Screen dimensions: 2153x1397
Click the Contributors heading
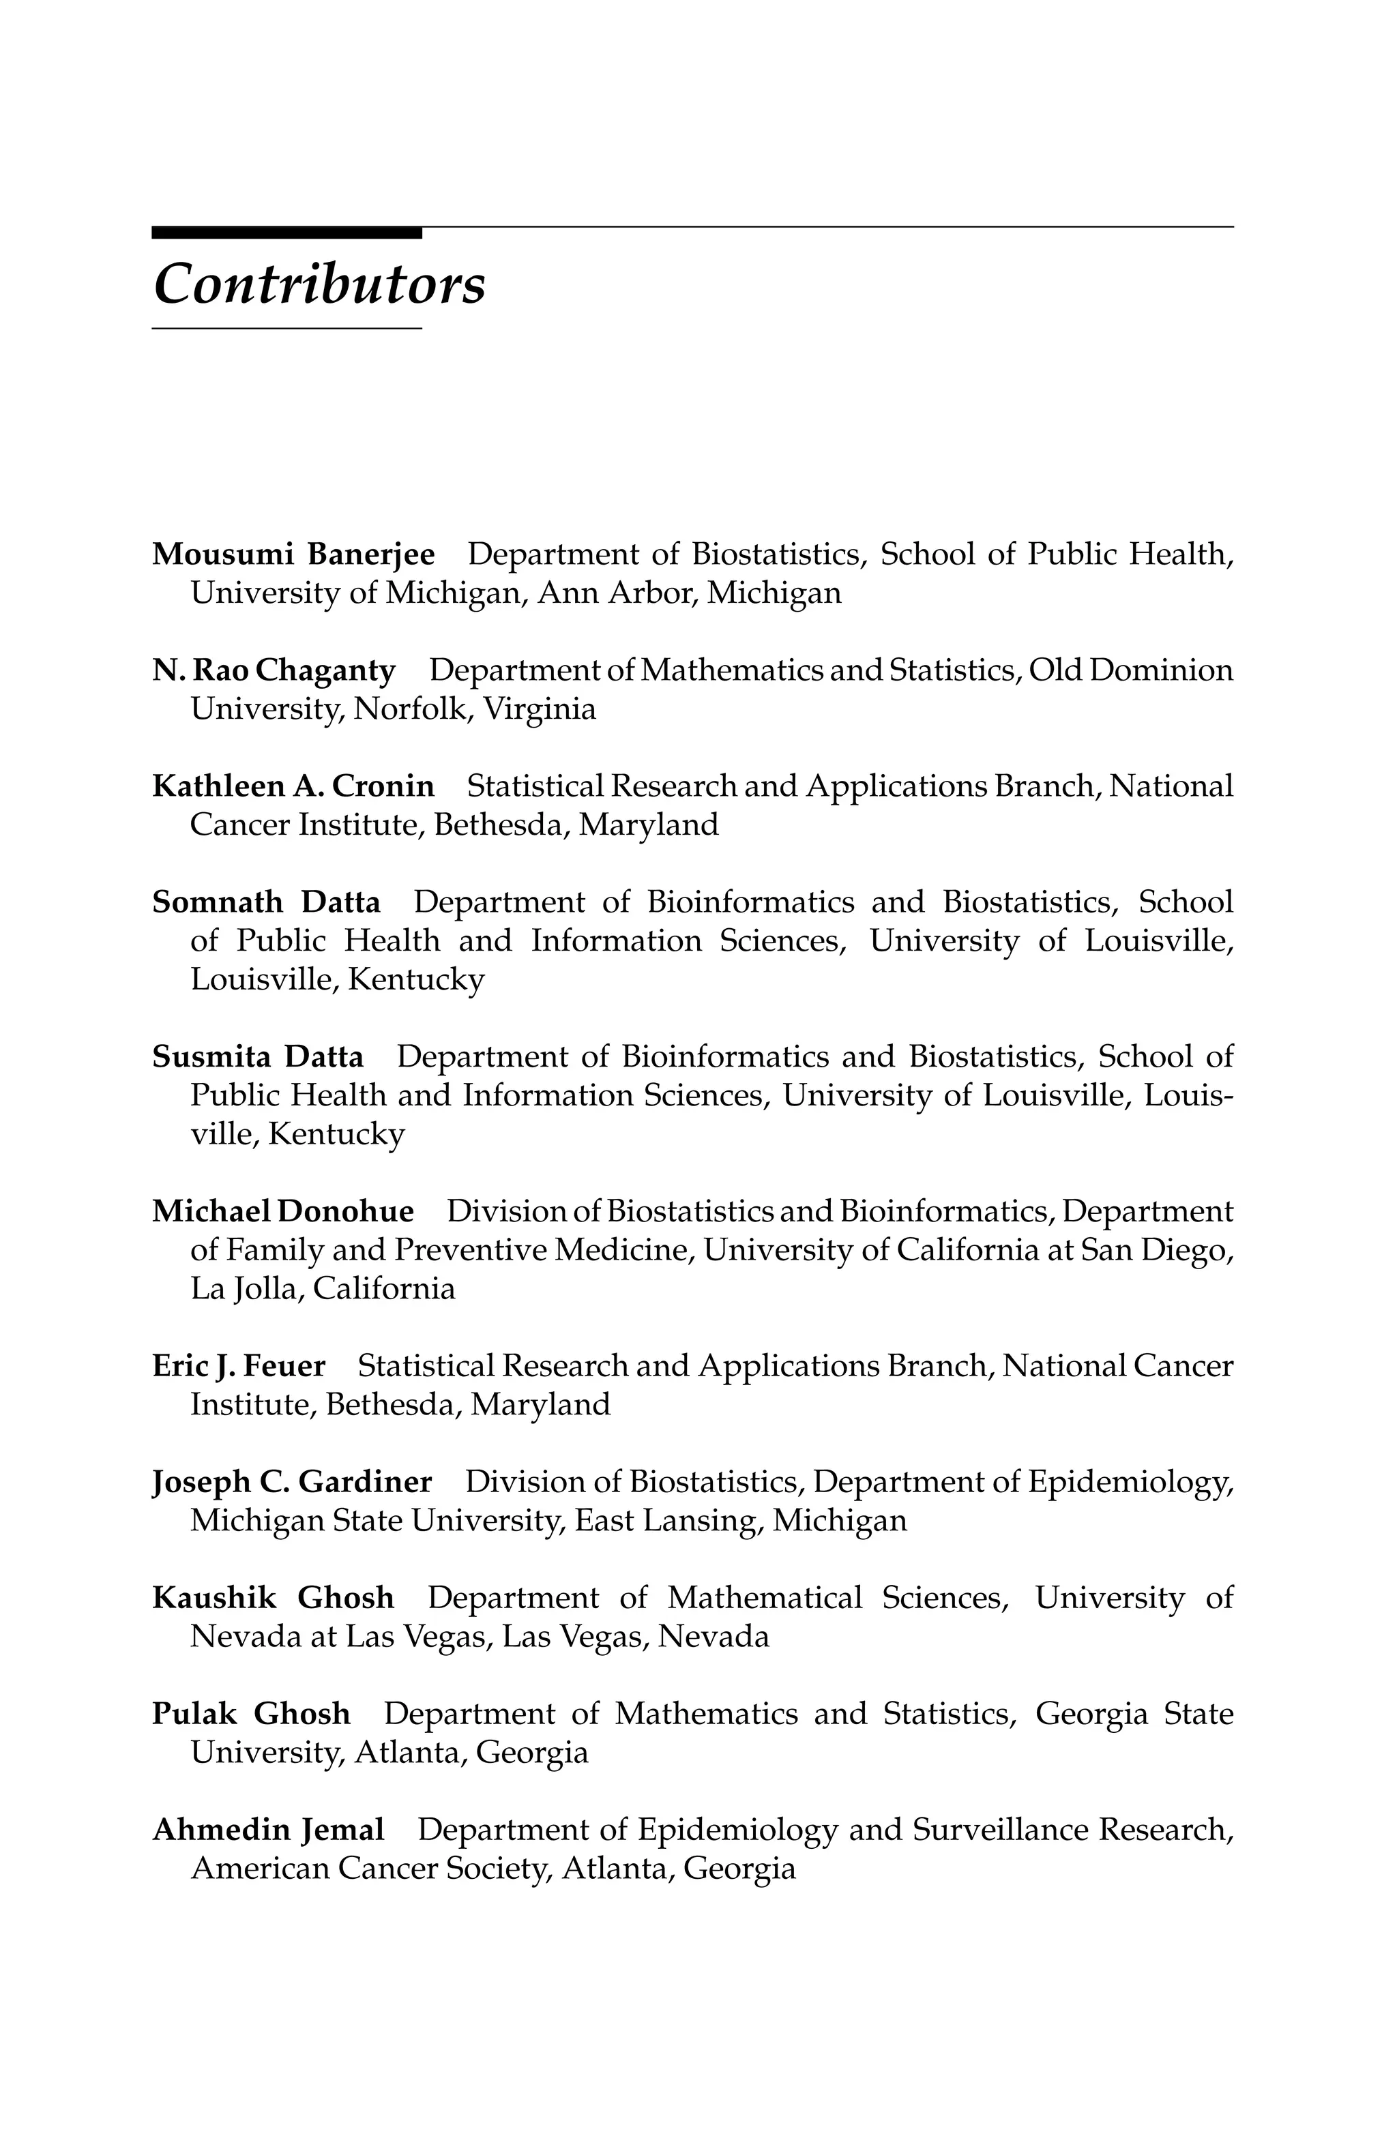319,284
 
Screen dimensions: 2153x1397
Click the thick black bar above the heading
286,233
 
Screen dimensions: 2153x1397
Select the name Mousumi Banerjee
293,554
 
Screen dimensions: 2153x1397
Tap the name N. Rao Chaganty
274,670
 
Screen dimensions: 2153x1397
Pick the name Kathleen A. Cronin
293,786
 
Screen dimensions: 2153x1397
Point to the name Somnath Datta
266,902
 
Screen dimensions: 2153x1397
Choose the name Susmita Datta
258,1056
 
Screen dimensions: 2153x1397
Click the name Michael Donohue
282,1211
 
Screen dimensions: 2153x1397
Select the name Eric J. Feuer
239,1365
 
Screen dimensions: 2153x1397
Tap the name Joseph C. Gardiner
291,1482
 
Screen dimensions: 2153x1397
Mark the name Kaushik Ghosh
274,1598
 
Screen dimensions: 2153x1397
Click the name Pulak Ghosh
250,1713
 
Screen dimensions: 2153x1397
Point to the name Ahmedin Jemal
268,1829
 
